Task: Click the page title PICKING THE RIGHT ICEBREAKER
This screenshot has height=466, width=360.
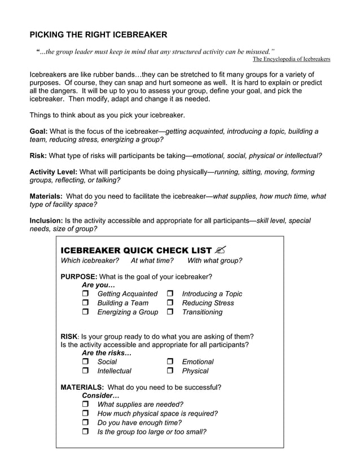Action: pos(98,34)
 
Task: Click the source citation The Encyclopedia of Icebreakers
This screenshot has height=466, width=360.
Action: pos(291,59)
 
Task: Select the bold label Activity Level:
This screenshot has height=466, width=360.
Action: pos(54,172)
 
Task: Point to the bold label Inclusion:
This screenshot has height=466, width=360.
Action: pos(46,220)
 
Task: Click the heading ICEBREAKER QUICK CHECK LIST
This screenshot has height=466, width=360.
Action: pos(136,250)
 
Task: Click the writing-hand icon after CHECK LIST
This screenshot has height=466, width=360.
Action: pos(221,249)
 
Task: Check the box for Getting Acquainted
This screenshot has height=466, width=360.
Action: pos(86,294)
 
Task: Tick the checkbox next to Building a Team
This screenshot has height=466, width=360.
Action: pos(86,303)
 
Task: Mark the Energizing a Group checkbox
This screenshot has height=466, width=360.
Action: pos(86,312)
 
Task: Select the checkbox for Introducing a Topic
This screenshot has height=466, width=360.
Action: pos(170,294)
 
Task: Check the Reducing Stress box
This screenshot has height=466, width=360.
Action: pos(170,303)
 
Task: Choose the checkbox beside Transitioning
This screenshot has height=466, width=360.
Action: pos(170,312)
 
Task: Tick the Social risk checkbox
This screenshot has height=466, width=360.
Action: pos(86,362)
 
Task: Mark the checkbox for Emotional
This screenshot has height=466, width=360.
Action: pos(170,362)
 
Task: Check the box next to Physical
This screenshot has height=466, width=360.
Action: pos(170,371)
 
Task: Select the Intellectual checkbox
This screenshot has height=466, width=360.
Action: pos(86,371)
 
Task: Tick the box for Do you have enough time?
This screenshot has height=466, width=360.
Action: pos(86,423)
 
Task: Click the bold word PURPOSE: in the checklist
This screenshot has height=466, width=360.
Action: pos(79,276)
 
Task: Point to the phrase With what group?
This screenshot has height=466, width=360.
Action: pos(214,261)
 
